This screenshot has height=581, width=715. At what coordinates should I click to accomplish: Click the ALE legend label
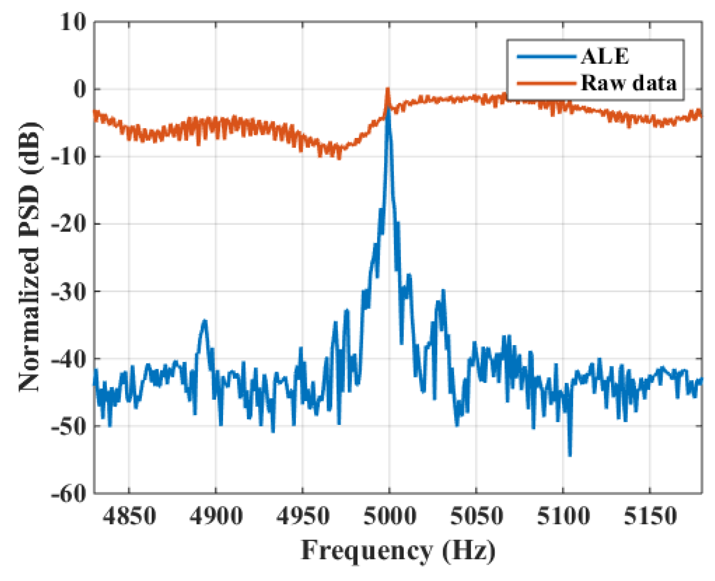(605, 57)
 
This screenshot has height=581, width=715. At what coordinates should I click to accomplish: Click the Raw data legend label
(629, 83)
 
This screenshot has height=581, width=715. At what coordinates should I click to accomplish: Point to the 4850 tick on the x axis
(129, 516)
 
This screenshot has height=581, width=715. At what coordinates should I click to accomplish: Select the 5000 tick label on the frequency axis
(389, 516)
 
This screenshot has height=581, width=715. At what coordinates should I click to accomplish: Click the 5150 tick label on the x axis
(650, 516)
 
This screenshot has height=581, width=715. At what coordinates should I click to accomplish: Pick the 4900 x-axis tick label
(216, 516)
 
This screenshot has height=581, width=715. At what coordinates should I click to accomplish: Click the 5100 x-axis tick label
(563, 516)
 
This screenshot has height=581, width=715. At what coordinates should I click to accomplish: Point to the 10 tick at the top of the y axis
(73, 22)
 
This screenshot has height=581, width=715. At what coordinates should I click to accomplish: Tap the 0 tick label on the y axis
(80, 90)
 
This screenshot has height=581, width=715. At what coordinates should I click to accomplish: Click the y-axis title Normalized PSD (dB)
(30, 257)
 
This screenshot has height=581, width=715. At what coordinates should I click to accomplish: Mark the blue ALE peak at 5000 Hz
(388, 109)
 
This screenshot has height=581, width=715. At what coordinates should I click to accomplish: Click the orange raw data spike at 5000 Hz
(387, 90)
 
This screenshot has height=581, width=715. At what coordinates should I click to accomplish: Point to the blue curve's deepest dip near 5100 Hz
(570, 455)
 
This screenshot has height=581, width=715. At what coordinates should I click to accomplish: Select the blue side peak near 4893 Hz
(204, 321)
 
